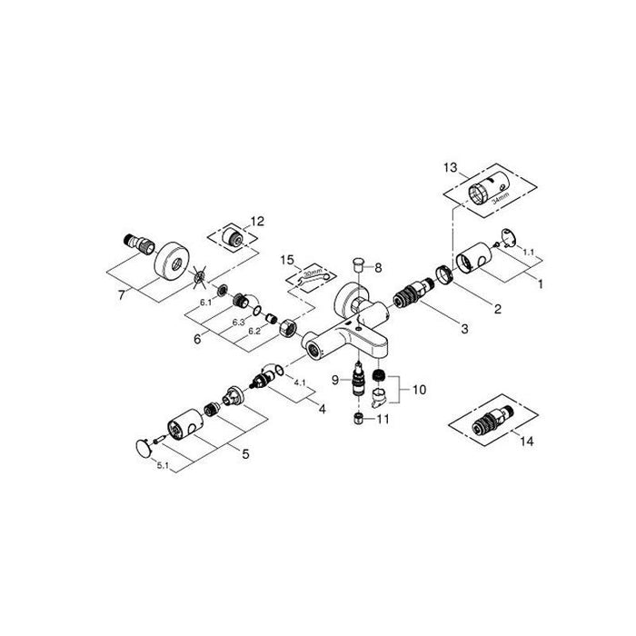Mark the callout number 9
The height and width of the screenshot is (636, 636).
click(x=334, y=379)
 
